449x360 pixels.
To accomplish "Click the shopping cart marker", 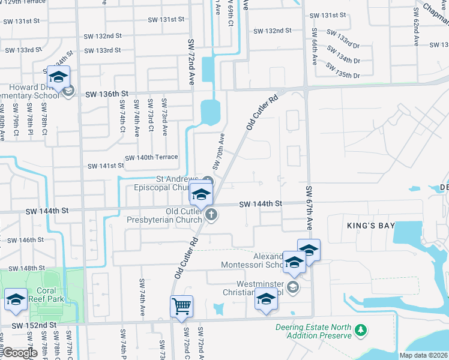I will pyautogui.click(x=181, y=307).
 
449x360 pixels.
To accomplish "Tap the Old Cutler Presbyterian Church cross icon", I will pyautogui.click(x=211, y=214).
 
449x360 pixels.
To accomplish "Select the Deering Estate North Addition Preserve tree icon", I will pyautogui.click(x=360, y=331).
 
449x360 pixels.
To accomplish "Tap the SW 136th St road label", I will pyautogui.click(x=107, y=94).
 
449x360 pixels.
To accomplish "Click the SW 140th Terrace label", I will pyautogui.click(x=151, y=157).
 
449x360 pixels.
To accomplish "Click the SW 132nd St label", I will pyautogui.click(x=272, y=30).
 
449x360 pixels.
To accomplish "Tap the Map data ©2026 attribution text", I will pyautogui.click(x=424, y=355).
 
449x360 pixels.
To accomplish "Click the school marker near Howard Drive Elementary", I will pyautogui.click(x=58, y=77).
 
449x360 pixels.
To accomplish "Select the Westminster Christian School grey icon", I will pyautogui.click(x=293, y=286).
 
